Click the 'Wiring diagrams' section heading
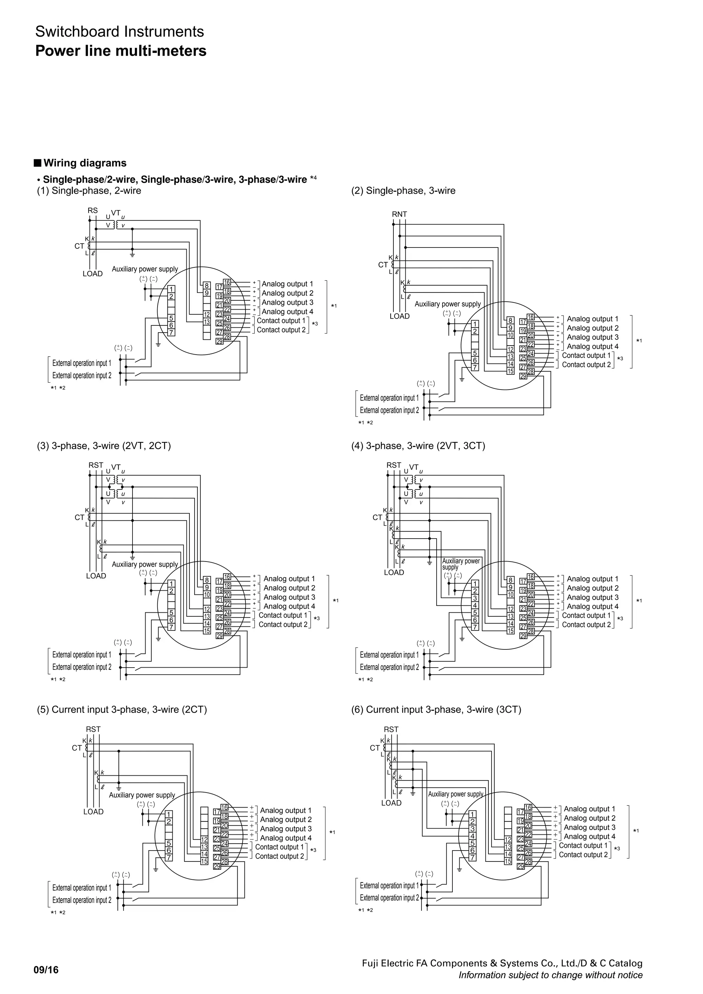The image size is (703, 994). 85,163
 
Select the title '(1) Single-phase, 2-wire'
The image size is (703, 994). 89,191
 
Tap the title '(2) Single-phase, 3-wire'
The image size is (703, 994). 403,191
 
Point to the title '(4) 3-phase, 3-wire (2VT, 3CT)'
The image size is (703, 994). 418,446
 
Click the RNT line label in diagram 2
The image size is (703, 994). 399,214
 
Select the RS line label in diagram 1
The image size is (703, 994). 93,211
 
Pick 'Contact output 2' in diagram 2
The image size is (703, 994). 586,365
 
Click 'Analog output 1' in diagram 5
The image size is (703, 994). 286,810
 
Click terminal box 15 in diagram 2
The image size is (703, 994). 510,371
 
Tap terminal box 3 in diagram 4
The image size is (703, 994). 475,598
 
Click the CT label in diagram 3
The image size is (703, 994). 79,517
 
